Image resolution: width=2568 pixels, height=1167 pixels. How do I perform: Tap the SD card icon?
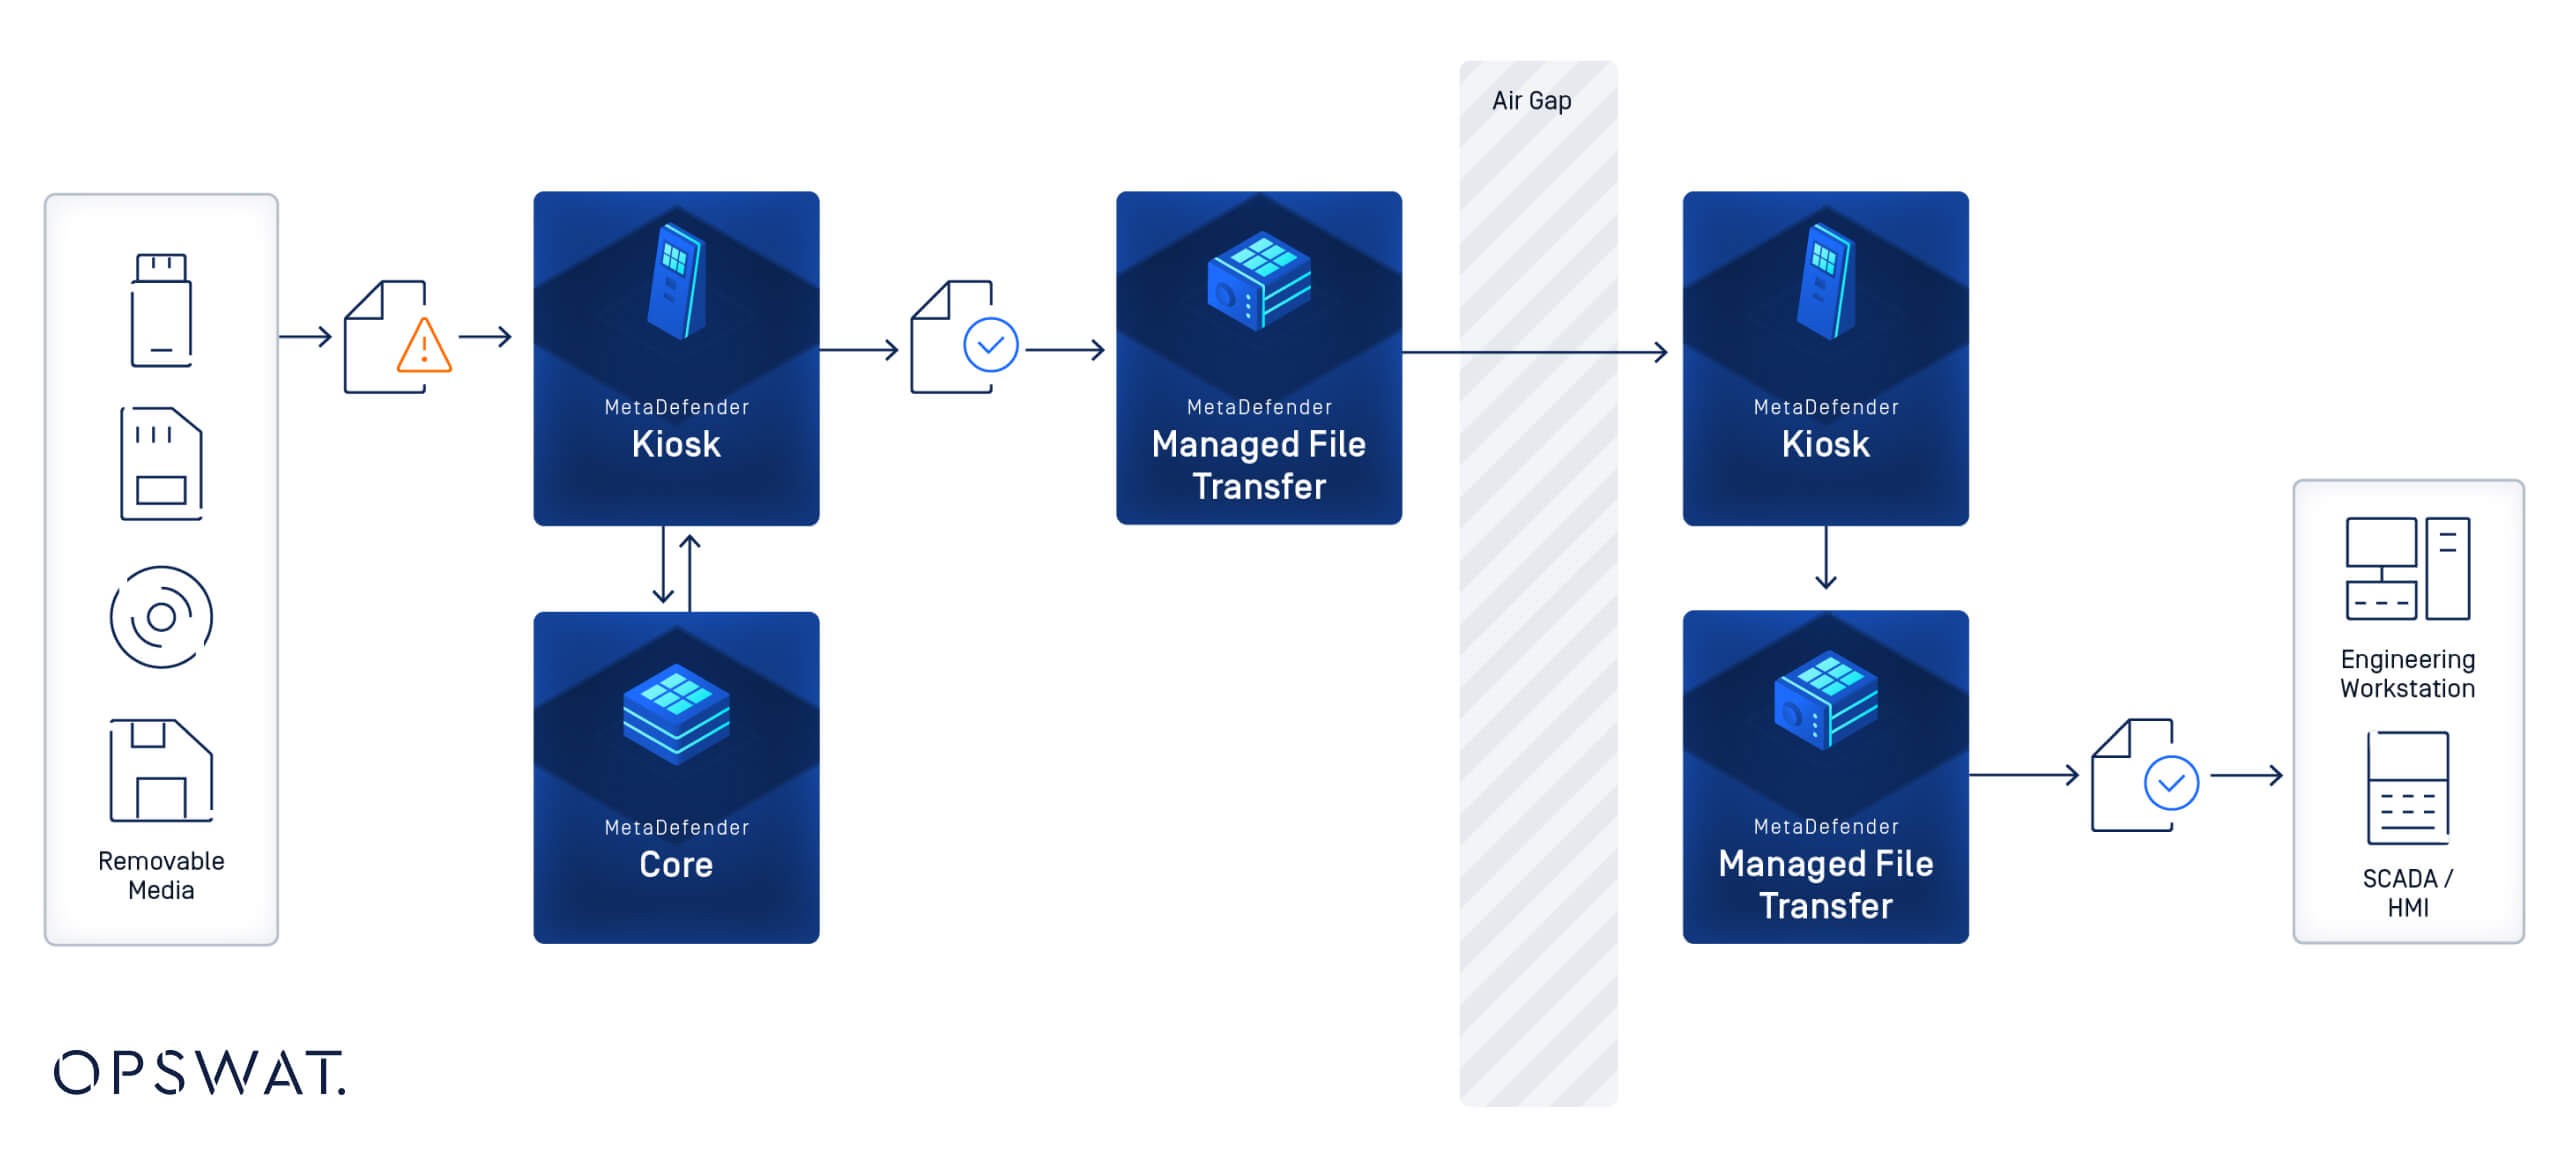click(161, 463)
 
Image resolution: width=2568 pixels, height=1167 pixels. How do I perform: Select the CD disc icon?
click(161, 617)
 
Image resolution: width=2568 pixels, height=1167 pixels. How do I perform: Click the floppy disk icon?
click(161, 770)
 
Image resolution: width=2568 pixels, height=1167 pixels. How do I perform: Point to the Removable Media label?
click(161, 875)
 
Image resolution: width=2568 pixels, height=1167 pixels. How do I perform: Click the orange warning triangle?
click(424, 347)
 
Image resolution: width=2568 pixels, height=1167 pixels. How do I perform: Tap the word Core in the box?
click(676, 864)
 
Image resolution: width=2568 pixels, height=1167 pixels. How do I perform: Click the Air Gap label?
click(1531, 101)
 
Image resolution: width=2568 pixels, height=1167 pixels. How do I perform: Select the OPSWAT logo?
click(200, 1073)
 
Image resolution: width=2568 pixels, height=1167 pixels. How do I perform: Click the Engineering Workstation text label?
click(2407, 674)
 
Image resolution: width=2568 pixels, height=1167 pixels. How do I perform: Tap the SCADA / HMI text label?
click(2407, 892)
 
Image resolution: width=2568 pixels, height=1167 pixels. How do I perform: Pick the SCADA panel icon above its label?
click(2407, 788)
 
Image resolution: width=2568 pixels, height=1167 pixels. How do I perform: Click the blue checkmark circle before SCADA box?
click(2171, 783)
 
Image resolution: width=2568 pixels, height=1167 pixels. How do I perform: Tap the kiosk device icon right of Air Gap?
click(1825, 282)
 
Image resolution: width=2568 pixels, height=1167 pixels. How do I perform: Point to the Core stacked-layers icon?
click(676, 714)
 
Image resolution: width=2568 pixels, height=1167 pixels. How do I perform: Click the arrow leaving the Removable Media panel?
click(305, 337)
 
